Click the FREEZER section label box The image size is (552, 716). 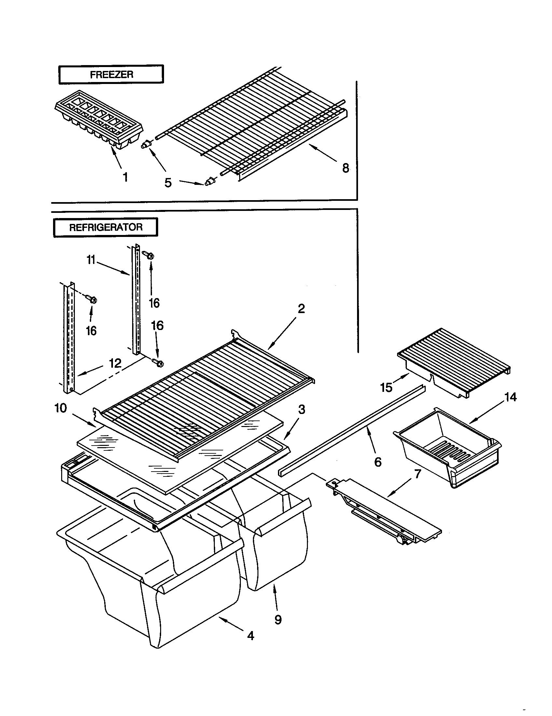pos(111,75)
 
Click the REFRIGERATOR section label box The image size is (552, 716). pos(105,227)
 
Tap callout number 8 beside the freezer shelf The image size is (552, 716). pos(346,168)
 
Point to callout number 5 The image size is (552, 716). pos(168,183)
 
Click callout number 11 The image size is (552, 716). pos(91,260)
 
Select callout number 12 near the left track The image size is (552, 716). pos(115,363)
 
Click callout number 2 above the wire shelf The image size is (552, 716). pos(301,309)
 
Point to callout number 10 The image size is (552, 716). pos(61,408)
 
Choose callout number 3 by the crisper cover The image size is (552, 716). pos(302,409)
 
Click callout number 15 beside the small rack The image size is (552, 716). pos(386,388)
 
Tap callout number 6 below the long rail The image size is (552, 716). pos(378,462)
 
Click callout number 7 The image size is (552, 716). pos(417,474)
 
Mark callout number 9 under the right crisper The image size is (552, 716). pos(278,619)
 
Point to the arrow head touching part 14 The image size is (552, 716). pos(471,423)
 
